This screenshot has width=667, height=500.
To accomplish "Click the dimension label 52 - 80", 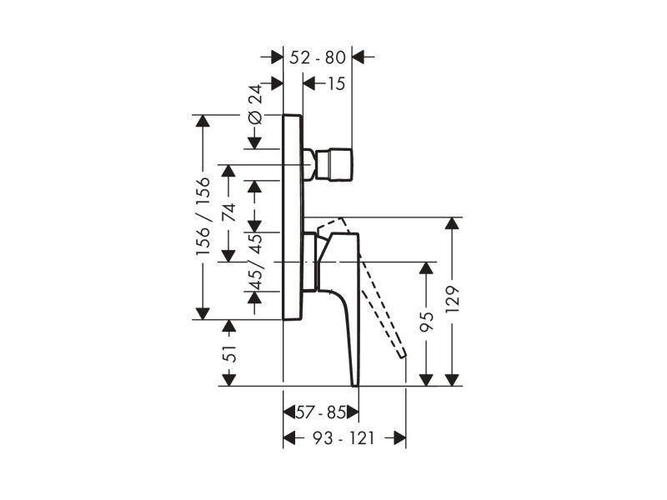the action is [x=318, y=57].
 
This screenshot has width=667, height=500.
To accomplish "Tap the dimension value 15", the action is [x=336, y=84].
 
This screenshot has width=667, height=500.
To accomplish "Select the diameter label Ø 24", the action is [x=255, y=105].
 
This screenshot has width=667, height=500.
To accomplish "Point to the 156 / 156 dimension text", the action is [x=203, y=216].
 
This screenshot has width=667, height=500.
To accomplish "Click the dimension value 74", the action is [x=228, y=212].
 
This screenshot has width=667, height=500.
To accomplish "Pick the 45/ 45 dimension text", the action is [x=255, y=261].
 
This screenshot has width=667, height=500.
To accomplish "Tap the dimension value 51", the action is [x=228, y=352].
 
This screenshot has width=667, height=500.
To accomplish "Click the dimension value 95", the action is [x=426, y=322].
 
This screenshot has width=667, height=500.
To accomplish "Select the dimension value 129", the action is [x=452, y=300].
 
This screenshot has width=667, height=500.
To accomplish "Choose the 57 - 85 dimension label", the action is [x=321, y=412].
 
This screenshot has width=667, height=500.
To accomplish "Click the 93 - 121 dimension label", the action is [x=343, y=438].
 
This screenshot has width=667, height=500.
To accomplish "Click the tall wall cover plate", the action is [x=293, y=217].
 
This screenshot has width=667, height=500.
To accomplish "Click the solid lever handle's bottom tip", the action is [x=356, y=385].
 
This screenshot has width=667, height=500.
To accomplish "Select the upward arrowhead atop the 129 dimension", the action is [x=452, y=223].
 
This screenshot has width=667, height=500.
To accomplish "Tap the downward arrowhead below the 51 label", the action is [x=228, y=380].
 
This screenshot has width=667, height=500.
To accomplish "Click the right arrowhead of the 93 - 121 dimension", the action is [x=399, y=438].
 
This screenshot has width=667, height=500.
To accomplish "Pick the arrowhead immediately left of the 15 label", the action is [x=309, y=84].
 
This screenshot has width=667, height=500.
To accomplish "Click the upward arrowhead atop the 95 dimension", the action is [x=426, y=268].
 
